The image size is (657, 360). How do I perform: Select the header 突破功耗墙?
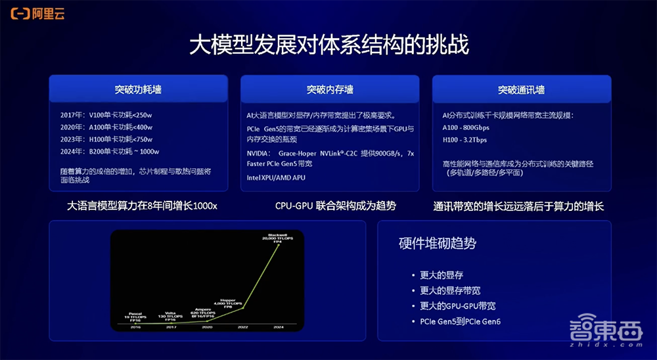tap(138, 89)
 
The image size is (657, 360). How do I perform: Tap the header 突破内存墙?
tap(329, 89)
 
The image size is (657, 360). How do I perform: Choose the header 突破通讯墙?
tap(521, 89)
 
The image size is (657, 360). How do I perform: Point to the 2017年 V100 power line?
tap(105, 115)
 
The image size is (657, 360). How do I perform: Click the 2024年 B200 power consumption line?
tap(109, 152)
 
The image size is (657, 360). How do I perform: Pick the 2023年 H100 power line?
tap(106, 139)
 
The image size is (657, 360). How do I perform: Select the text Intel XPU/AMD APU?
tap(276, 177)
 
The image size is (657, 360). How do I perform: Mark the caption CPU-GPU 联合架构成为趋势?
tap(335, 206)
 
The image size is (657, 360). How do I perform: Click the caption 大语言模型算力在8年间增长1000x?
tap(142, 206)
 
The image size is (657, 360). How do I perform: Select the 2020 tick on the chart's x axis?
tap(208, 326)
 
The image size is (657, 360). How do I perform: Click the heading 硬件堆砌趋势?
tap(438, 243)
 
